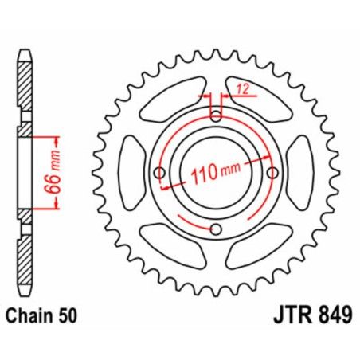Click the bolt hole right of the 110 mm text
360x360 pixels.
273,173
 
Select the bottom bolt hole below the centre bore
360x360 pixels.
216,230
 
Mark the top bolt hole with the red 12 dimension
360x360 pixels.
216,115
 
